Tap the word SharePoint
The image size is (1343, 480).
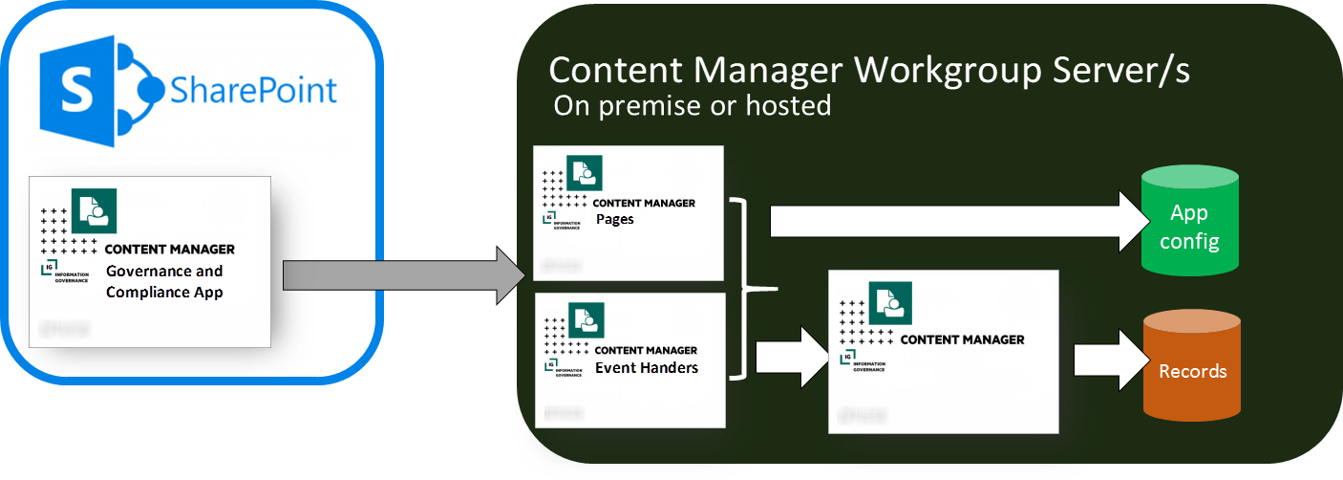tap(253, 90)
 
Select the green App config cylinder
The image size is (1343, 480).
tap(1189, 222)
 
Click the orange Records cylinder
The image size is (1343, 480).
tap(1192, 370)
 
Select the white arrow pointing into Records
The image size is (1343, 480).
tap(1106, 361)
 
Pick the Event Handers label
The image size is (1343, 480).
tap(647, 367)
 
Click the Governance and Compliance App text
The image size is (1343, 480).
tap(163, 281)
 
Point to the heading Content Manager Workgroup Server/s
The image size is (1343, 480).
tap(869, 71)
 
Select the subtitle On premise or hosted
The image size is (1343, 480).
tap(692, 105)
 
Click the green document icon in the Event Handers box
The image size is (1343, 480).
tap(586, 320)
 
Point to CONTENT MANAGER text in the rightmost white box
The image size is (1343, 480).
tap(962, 339)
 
